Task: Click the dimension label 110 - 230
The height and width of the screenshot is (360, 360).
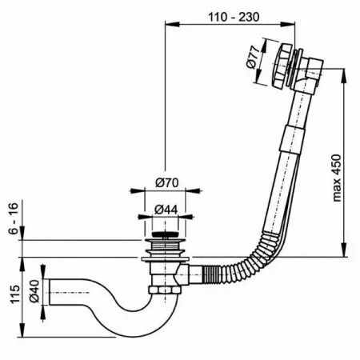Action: (234, 18)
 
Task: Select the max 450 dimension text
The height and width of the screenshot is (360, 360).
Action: (337, 178)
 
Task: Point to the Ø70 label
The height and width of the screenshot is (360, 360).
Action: (167, 183)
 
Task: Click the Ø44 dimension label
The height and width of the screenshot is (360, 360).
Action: (166, 210)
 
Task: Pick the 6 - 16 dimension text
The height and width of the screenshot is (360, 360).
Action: (14, 218)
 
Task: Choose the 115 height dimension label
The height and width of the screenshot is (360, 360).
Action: (15, 294)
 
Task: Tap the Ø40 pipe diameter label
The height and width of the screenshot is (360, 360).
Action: (34, 291)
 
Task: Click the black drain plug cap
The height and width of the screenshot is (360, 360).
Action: (165, 234)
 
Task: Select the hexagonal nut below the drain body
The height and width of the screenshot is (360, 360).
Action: (166, 290)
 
